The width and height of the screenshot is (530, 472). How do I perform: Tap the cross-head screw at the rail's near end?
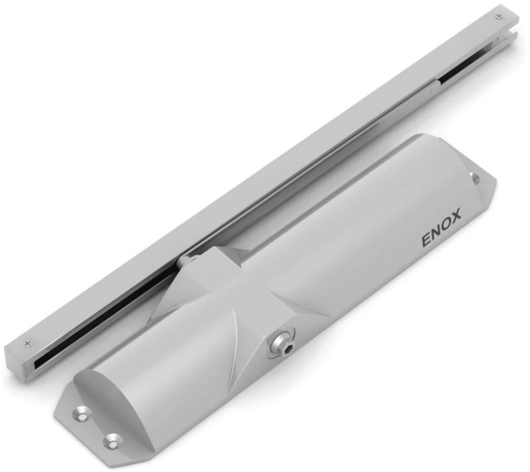(x=27, y=343)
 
